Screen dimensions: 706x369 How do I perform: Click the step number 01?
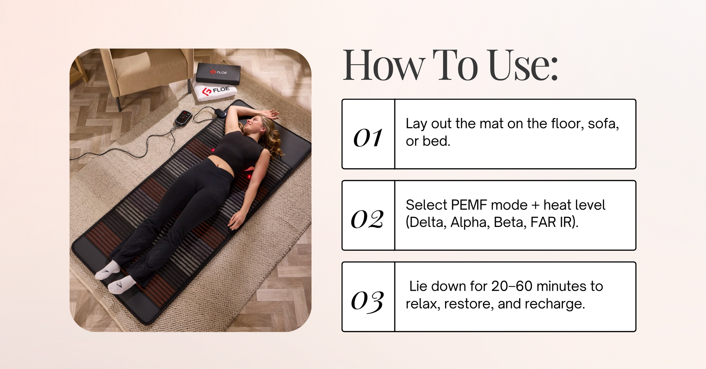[368, 138]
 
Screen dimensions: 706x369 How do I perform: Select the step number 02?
[367, 220]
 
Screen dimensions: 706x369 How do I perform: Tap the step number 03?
[367, 301]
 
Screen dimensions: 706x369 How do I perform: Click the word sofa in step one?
[603, 124]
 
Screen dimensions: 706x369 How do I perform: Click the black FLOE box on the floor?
[219, 73]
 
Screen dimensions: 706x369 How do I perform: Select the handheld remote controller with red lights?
[184, 118]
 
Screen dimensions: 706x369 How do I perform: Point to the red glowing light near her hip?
[249, 176]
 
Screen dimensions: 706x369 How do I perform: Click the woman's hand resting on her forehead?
[271, 113]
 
